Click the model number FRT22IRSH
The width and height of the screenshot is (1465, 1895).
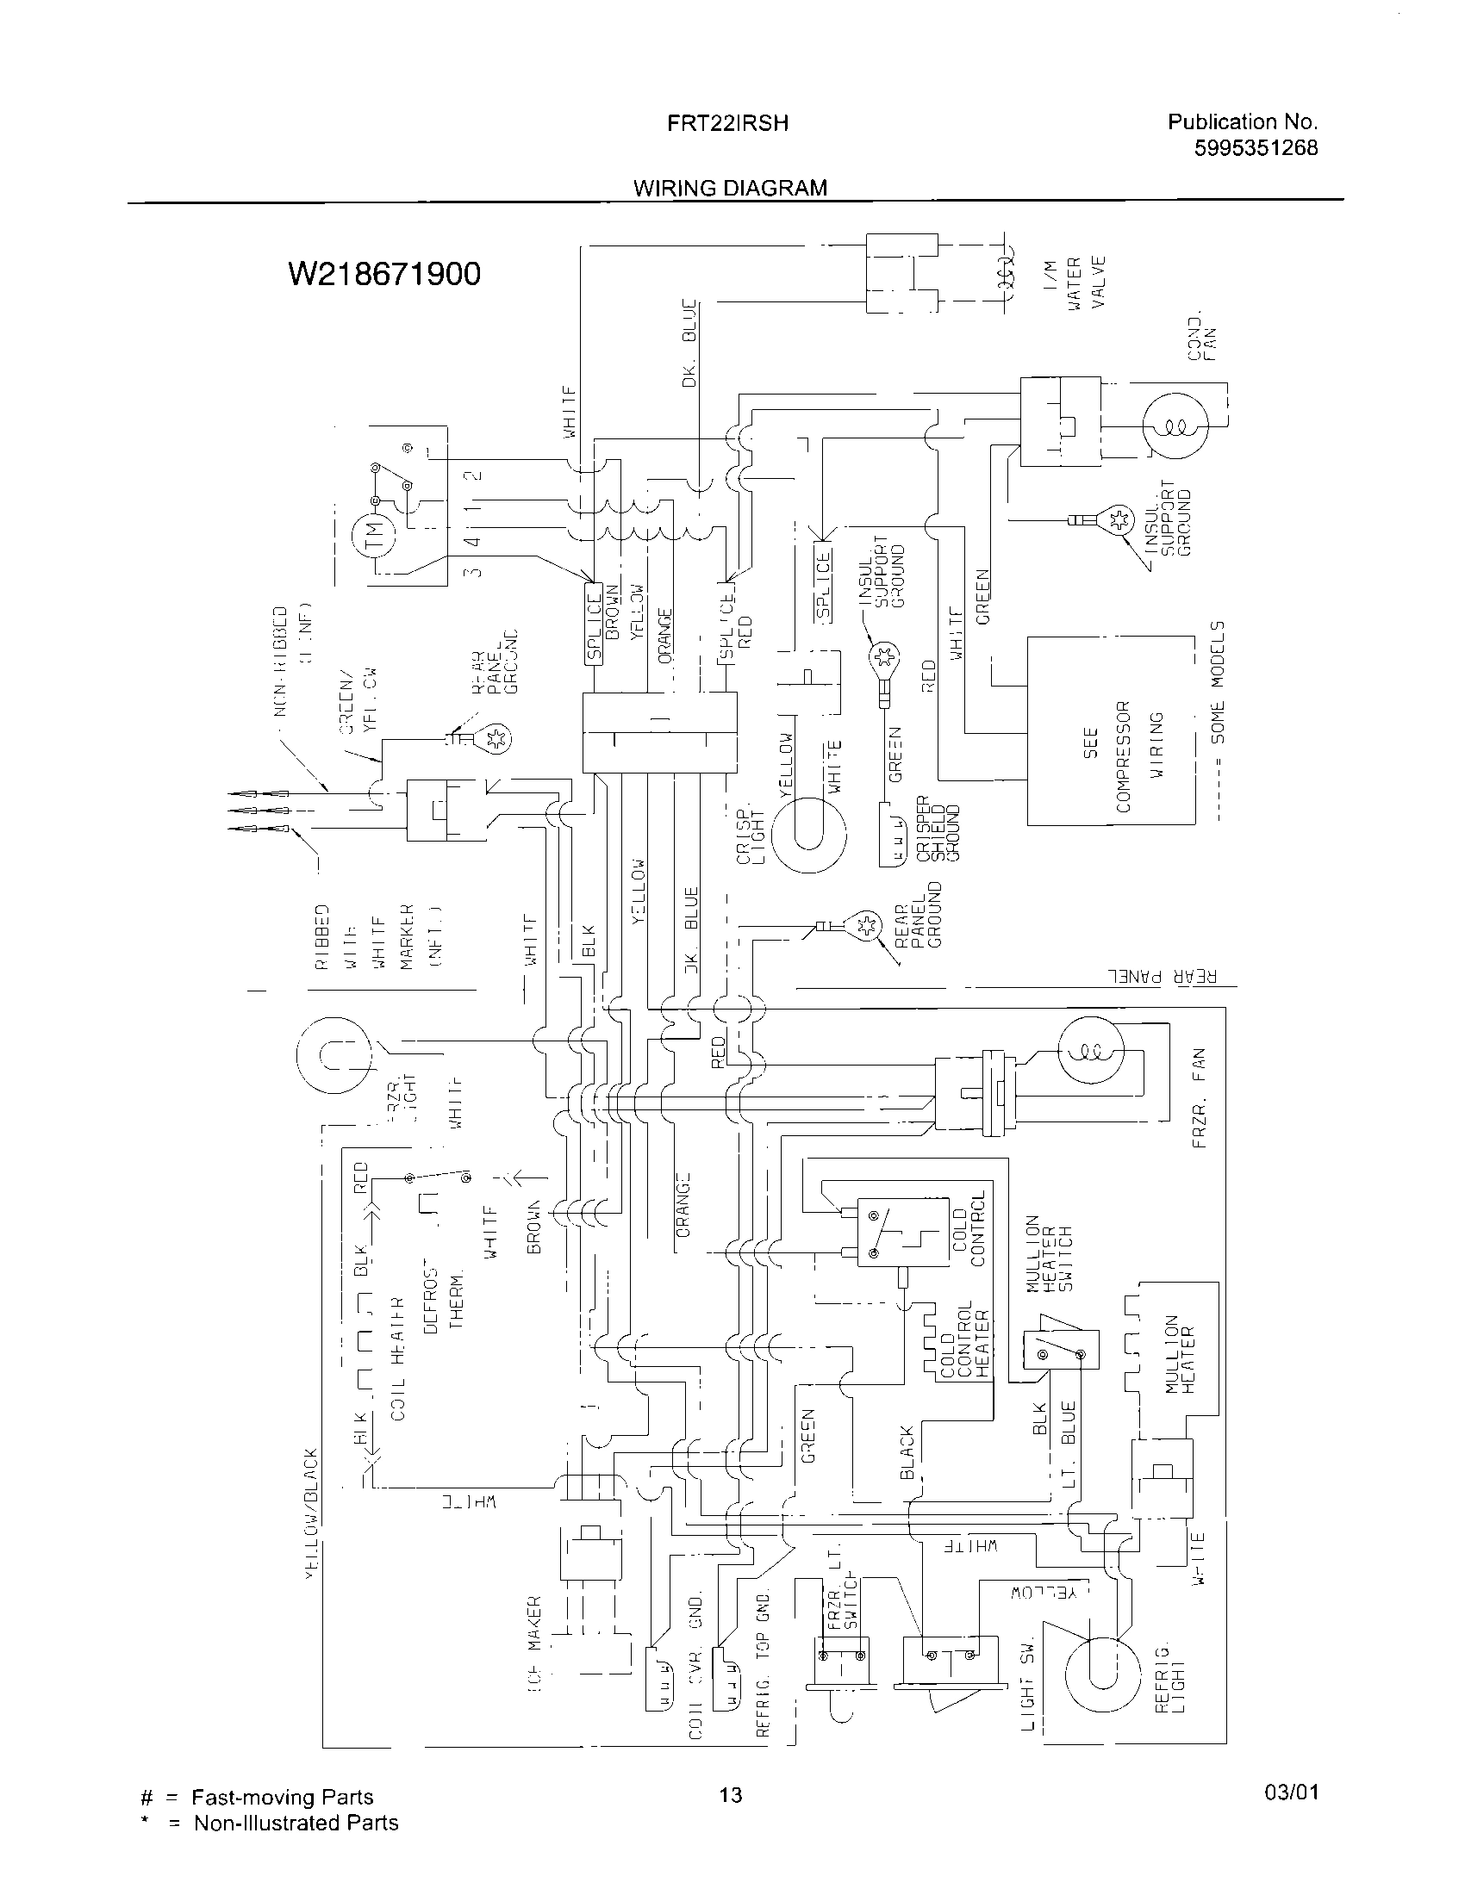click(727, 123)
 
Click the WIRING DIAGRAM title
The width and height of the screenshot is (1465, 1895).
click(729, 188)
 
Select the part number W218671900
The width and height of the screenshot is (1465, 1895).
click(383, 274)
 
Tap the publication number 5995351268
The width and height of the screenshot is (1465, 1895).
click(1255, 148)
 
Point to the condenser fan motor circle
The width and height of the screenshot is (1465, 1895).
click(1175, 426)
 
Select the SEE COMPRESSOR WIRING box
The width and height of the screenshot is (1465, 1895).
click(1111, 730)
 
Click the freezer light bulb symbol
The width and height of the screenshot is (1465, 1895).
click(334, 1055)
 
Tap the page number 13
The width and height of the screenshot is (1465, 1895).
click(731, 1793)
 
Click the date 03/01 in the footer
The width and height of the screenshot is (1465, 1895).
click(1292, 1792)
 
